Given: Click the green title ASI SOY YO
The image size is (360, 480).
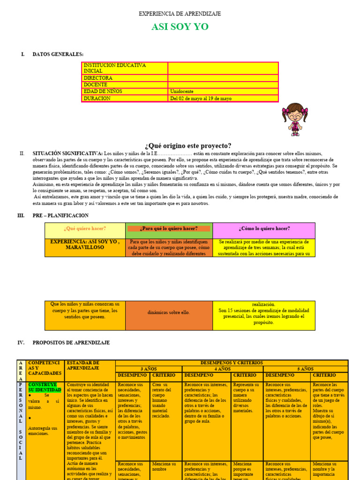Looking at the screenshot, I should coord(180,27).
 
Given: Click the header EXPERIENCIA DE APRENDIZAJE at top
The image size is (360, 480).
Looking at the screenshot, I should coord(180,14).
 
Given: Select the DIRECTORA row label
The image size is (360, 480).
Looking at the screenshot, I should coord(98,78).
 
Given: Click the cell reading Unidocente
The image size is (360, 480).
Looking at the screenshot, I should coord(182,91).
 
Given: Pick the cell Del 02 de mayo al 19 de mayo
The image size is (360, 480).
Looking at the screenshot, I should coord(201,98).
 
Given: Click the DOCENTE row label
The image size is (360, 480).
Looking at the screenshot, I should coord(96,85).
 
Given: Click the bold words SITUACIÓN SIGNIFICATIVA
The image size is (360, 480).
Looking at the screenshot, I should coord(67,153).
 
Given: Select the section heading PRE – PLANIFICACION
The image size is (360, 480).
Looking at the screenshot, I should coord(60,216).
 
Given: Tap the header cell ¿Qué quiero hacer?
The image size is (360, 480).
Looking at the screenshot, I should coord(85,229).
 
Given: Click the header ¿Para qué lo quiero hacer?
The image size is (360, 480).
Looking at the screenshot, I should coord(169,229).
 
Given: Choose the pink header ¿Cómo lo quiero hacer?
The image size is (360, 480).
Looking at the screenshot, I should coord(264,229).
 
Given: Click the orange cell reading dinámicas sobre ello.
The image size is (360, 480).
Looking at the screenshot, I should coord(169,312).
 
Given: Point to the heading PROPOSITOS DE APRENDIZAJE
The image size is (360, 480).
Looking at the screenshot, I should coord(71,343).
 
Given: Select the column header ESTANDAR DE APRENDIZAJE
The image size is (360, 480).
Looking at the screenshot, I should coord(82,366).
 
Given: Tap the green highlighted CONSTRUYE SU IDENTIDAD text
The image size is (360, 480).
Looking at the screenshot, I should coord(45,387).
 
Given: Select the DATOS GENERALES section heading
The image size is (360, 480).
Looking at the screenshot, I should coord(58,54).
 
